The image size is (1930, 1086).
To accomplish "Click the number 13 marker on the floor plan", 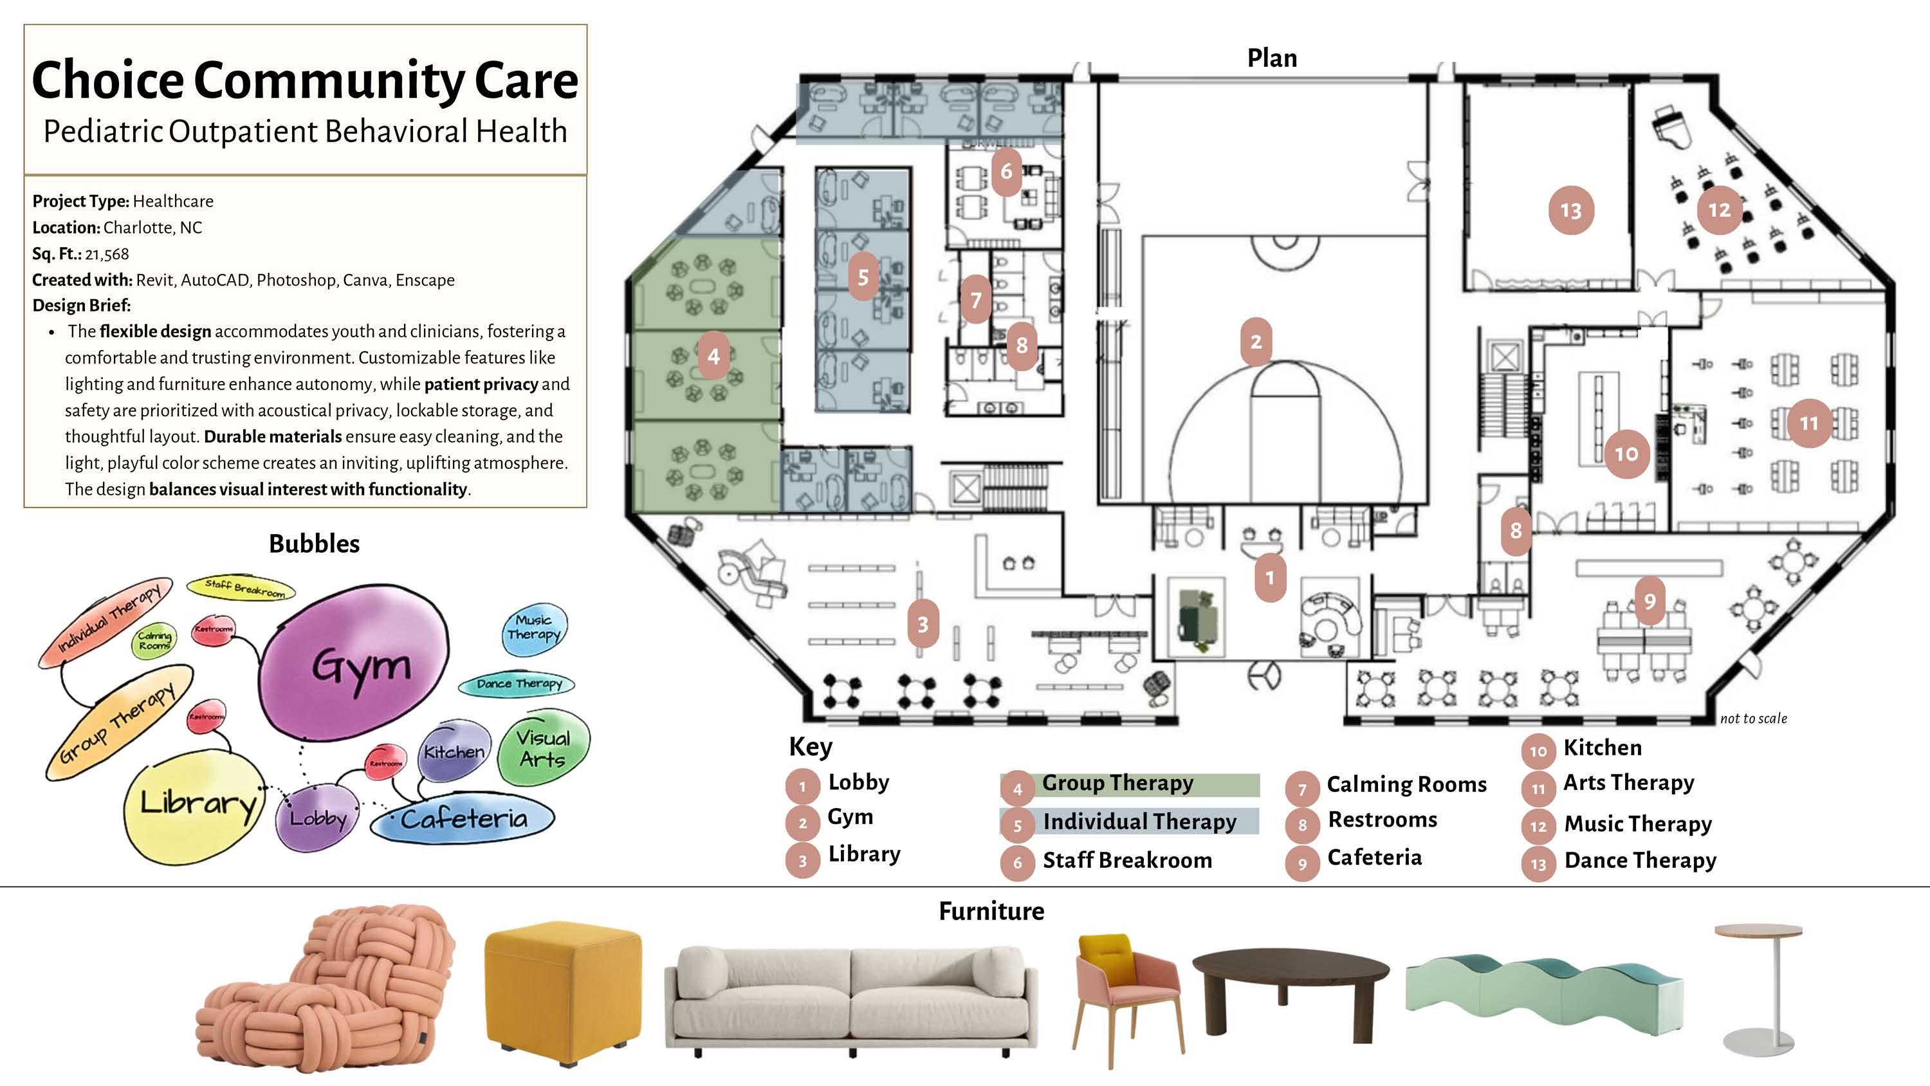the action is point(1570,210).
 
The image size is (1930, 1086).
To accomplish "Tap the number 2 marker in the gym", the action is point(1256,342).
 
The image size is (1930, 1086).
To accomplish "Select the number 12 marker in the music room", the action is point(1719,210).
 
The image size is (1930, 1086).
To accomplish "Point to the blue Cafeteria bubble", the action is point(463,818).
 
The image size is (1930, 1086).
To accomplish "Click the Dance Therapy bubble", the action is point(518,683).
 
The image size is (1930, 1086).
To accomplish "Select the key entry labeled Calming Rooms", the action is point(1406,785).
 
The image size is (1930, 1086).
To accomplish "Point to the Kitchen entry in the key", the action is point(1602,748).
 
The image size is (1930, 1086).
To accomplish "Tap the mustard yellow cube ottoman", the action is point(564,991).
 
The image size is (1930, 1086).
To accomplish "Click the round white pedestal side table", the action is point(1758,989).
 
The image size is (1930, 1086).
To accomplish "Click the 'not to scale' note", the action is point(1753,719).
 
